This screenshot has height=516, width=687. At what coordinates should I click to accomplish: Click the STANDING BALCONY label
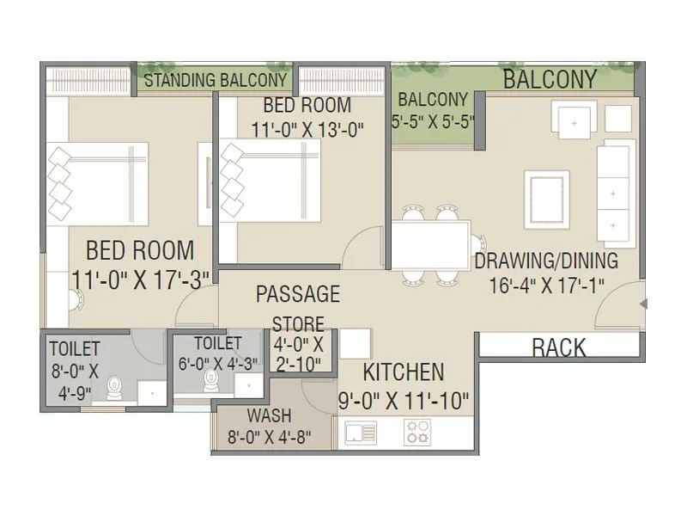pos(215,80)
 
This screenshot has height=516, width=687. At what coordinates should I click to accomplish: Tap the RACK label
pos(559,347)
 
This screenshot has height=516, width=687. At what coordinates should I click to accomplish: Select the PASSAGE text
pos(298,294)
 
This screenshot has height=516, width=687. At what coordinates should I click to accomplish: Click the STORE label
pos(298,324)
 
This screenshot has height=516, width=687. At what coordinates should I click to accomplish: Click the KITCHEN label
pos(403,372)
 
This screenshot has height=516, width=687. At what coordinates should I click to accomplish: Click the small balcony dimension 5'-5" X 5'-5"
pos(433,121)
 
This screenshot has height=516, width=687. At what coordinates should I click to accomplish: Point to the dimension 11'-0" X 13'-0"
pos(307,130)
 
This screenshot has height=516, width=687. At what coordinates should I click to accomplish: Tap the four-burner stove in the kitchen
pos(418,432)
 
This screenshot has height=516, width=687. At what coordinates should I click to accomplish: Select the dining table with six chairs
pos(431,245)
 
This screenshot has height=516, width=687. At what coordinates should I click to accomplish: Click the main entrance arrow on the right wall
pos(642,303)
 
